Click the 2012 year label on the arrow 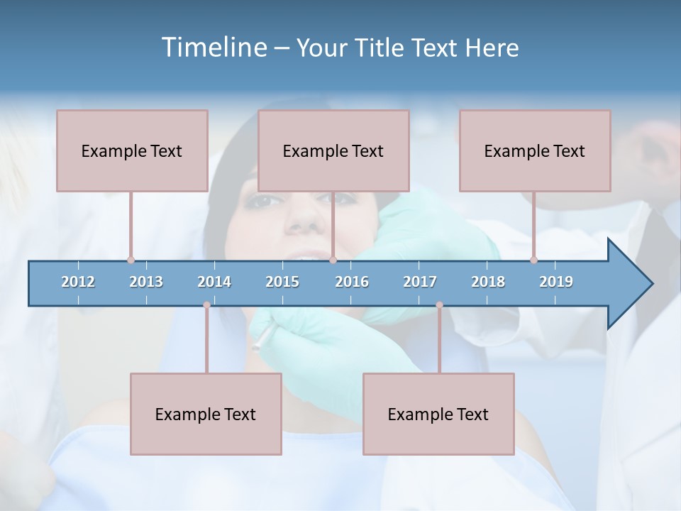coord(78,282)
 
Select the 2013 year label coord(146,282)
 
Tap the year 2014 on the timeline coord(214,282)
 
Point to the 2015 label coord(282,282)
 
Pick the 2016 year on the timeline coord(352,282)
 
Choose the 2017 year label coord(420,282)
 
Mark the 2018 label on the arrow coord(488,282)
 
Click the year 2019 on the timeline coord(556,282)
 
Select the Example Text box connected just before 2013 coord(132,150)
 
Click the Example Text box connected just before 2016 coord(333,150)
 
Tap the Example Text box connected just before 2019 coord(535,150)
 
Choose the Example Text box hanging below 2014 coord(206,414)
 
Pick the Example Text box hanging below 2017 coord(438,414)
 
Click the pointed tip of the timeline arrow coord(651,284)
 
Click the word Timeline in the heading coord(213,48)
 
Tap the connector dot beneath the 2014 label coord(206,305)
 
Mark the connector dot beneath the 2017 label coord(439,305)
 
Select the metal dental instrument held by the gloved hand coord(260,341)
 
